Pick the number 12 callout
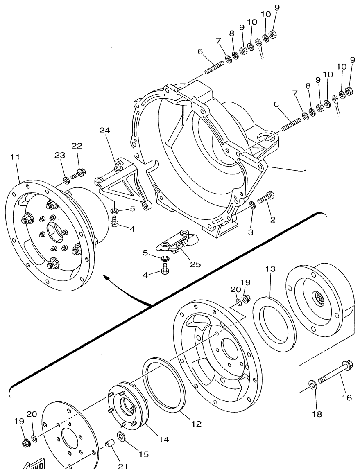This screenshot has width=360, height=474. coord(196,424)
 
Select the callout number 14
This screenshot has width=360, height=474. coord(164,440)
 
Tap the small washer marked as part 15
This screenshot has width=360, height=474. coord(121,436)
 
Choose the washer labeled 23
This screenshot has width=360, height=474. coord(66,179)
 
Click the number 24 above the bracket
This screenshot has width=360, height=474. coord(105,131)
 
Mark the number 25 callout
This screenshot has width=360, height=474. coord(195,264)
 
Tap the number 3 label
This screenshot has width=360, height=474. coord(251,232)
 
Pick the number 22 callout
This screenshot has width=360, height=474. coord(77,146)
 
